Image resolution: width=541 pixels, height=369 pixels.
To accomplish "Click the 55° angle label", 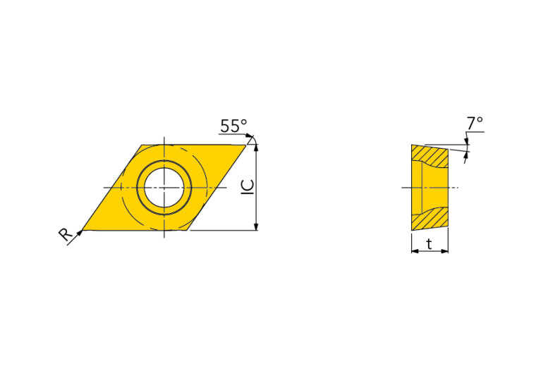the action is [x=234, y=126].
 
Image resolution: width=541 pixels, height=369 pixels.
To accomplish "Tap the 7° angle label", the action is [x=475, y=123].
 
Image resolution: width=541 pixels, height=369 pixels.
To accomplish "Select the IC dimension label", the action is [x=248, y=187].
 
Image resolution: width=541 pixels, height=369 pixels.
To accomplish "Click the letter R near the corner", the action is [x=65, y=234].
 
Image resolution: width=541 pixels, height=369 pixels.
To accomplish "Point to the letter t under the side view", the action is [x=430, y=244].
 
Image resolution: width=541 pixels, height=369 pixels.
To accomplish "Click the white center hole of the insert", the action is [x=164, y=187].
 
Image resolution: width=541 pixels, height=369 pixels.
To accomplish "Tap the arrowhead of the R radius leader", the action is [x=80, y=233].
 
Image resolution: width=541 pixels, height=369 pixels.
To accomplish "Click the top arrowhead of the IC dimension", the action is [x=255, y=147].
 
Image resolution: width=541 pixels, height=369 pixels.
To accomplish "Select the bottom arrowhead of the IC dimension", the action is [x=255, y=226].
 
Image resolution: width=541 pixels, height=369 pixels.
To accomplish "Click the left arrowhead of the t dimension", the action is [x=415, y=251].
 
